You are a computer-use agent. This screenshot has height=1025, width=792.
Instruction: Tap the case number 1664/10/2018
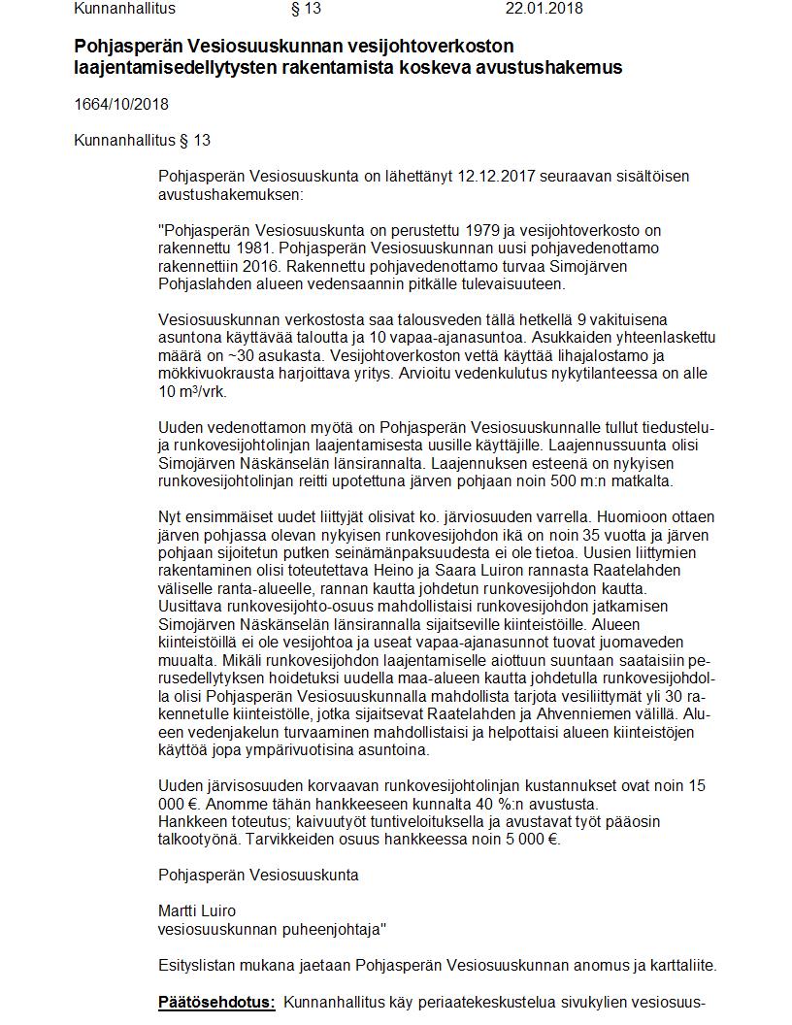click(121, 104)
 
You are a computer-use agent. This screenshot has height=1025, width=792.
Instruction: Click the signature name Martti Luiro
click(197, 911)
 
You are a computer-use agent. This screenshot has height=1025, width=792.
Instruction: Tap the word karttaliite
click(678, 965)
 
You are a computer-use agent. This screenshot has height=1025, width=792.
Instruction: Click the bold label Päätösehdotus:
click(216, 1002)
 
